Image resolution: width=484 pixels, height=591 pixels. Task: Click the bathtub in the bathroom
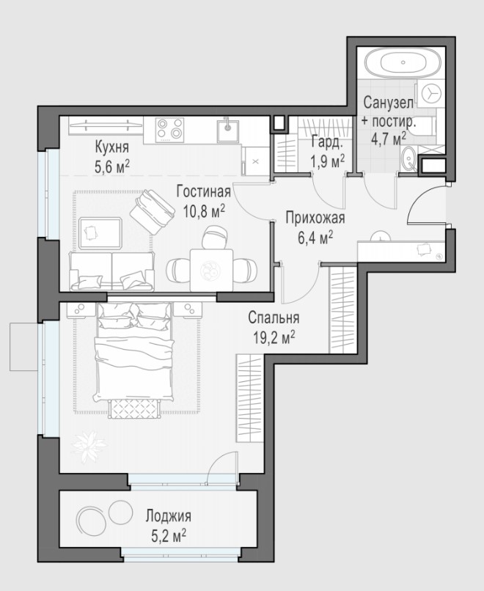(404, 62)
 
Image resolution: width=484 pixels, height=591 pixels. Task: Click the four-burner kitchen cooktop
(170, 128)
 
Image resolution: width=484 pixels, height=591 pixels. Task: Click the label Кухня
(112, 147)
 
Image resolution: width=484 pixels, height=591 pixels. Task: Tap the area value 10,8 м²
(204, 211)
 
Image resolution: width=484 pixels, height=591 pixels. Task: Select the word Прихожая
(315, 218)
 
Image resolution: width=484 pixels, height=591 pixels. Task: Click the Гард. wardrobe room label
(327, 142)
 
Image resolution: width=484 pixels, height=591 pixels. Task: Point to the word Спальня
(274, 317)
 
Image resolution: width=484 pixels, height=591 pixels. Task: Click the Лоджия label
(169, 515)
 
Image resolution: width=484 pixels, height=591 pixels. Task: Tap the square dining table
(211, 270)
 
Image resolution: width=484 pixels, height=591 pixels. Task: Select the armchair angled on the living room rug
(152, 211)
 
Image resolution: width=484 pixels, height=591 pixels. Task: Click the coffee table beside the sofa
(100, 233)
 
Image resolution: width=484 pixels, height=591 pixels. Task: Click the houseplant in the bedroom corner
(89, 447)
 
